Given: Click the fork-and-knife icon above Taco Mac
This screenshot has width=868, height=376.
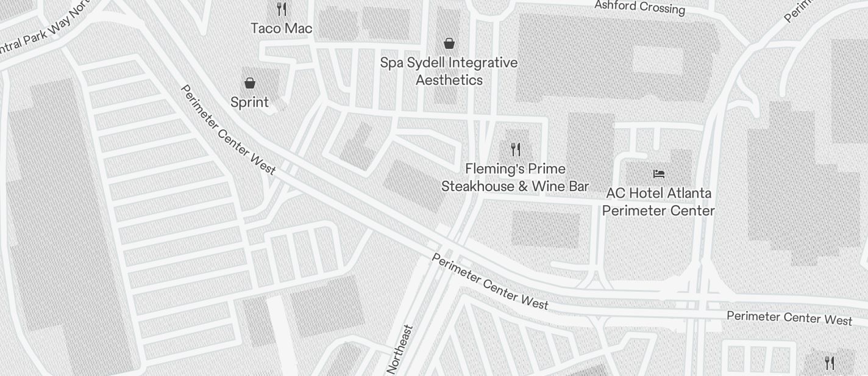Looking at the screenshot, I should click(282, 9).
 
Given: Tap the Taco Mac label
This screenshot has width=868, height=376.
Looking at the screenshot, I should click(282, 28).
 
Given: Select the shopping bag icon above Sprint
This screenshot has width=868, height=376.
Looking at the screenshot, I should click(250, 83).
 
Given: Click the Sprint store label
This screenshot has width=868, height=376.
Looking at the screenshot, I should click(250, 102).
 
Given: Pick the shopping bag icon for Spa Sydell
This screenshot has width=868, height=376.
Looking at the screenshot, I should click(449, 43).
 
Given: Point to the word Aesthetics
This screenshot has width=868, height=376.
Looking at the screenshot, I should click(449, 80).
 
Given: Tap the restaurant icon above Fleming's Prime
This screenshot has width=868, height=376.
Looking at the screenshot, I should click(516, 149).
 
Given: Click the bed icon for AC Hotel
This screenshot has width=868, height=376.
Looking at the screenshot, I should click(658, 174).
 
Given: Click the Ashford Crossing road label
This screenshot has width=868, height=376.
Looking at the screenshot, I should click(639, 7).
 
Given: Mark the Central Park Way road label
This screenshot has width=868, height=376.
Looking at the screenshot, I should click(43, 31).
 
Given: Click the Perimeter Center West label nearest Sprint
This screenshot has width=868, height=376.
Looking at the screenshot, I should click(229, 129).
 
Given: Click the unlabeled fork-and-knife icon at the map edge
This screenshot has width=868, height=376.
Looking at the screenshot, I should click(829, 363).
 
